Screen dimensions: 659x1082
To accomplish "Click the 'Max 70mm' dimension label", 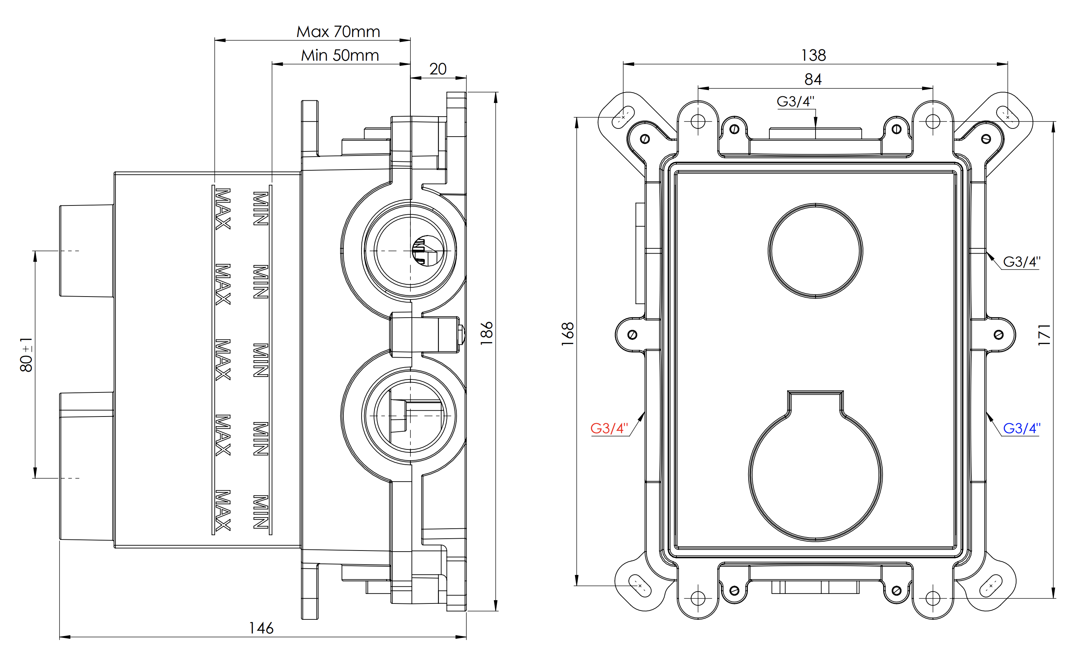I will (338, 31).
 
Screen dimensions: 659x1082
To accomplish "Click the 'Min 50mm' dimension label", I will (339, 56).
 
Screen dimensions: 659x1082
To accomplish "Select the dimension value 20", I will (437, 69).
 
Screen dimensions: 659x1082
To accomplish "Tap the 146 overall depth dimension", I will (261, 628).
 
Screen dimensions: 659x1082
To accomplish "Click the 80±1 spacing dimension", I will (26, 355).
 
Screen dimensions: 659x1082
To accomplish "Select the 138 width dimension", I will (813, 56).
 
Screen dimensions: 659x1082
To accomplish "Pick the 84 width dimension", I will (813, 80).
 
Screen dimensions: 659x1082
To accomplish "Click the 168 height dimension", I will (568, 334).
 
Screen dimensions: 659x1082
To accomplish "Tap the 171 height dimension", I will (1044, 335).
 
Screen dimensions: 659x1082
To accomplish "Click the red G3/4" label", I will (609, 428).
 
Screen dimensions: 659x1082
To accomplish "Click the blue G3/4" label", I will (1021, 428).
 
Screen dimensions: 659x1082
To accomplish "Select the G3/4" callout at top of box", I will (795, 101).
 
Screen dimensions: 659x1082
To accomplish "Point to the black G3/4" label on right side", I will (1021, 262).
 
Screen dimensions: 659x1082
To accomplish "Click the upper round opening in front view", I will (815, 251).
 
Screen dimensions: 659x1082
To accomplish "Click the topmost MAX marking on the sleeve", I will (223, 209).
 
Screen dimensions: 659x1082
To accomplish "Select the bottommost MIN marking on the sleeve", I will (261, 511).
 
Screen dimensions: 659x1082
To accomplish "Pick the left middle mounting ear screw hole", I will (632, 335).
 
